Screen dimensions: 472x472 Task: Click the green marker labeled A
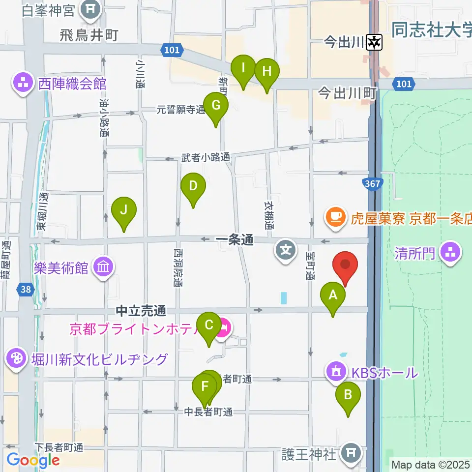[333, 295]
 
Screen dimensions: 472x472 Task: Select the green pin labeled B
[348, 395]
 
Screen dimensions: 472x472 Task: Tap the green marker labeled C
[208, 325]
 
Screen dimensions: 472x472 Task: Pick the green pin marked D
[193, 186]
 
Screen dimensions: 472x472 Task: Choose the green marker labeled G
[216, 105]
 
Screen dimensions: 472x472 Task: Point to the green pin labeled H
[267, 71]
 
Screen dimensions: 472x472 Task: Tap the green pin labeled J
[124, 210]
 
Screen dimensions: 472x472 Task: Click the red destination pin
[345, 265]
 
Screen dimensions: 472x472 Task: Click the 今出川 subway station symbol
[374, 43]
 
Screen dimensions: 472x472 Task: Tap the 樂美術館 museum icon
[104, 267]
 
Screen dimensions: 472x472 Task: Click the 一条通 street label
[234, 240]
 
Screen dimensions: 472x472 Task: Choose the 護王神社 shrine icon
[351, 451]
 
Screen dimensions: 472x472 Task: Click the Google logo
[33, 460]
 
